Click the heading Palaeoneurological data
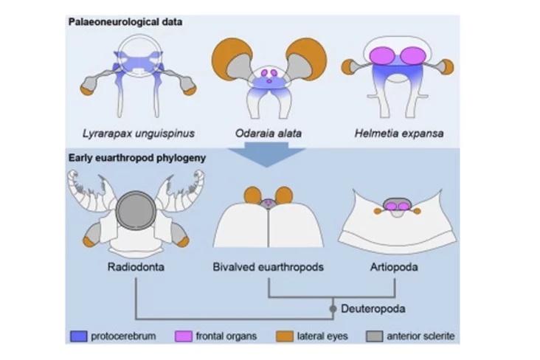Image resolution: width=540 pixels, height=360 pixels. point(125,21)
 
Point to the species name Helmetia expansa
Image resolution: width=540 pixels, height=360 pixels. point(398,133)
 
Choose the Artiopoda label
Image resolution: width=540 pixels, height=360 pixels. point(397,267)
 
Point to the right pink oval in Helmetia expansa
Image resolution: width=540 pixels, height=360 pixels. point(414,55)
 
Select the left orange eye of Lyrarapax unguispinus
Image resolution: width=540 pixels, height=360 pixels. point(87,91)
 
